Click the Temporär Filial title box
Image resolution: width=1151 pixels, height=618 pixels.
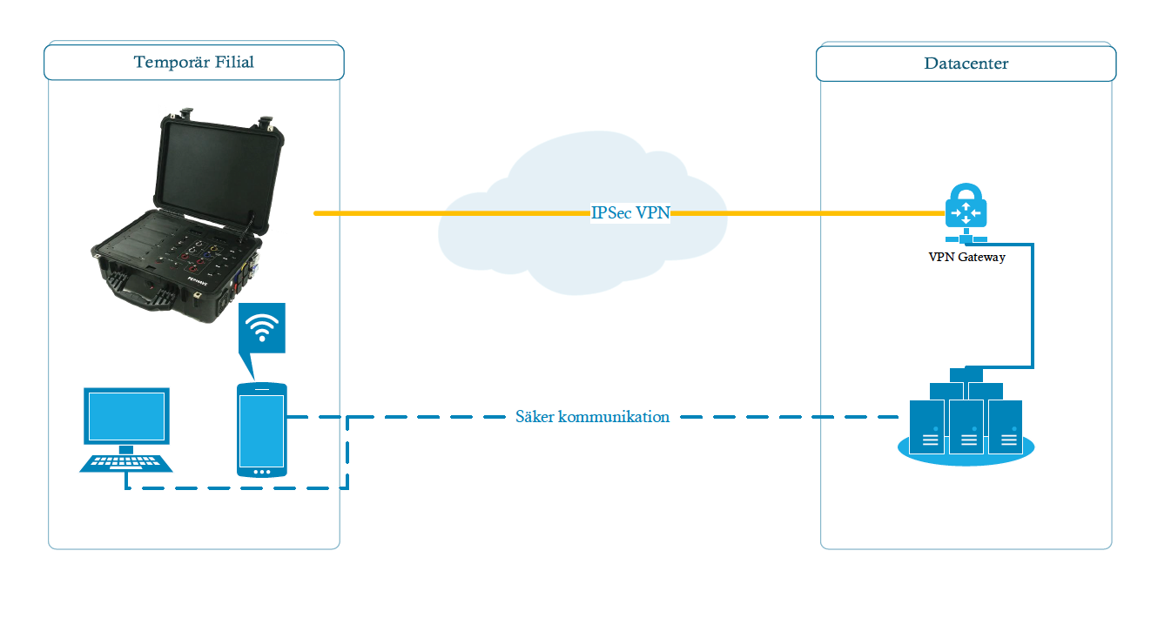[x=194, y=63]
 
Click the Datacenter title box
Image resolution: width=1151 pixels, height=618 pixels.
[x=966, y=64]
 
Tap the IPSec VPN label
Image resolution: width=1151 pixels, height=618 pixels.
[x=630, y=213]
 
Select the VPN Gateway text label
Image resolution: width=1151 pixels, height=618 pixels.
[x=966, y=257]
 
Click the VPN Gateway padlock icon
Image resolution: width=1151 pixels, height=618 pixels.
[x=965, y=209]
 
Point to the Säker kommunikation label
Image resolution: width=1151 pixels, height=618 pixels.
[x=592, y=417]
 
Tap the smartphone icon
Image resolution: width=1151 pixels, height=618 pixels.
[x=261, y=430]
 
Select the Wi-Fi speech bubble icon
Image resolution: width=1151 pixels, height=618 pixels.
[x=262, y=331]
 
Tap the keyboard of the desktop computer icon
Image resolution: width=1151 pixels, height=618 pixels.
[x=126, y=462]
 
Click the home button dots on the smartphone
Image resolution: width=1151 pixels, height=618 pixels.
[x=261, y=471]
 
